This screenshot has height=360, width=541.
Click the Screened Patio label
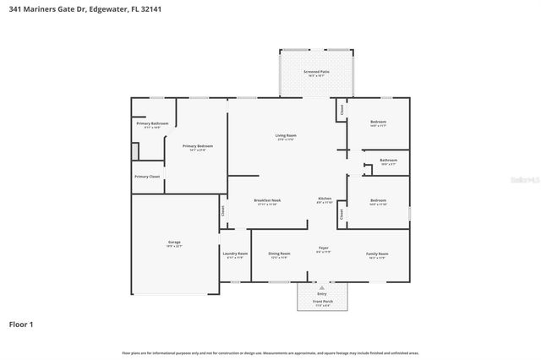pos(317,72)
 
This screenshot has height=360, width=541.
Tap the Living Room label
pos(285,136)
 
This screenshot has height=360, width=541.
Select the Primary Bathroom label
pos(152,124)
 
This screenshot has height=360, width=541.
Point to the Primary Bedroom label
pos(199,146)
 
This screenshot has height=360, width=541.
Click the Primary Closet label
pos(147,177)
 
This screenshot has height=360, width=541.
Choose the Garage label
pos(174,243)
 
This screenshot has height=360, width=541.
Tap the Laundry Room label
pos(235,254)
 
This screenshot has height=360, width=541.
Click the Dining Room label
pos(279,254)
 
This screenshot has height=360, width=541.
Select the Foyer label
pos(323,248)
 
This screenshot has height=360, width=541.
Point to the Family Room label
pos(377,254)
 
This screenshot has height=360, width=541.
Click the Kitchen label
pos(324,199)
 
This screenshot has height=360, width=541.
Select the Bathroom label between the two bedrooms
pos(388,160)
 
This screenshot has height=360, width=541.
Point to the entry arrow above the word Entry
pos(321,287)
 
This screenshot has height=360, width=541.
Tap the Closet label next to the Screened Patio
pos(342,109)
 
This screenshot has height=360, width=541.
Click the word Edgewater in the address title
pos(107,9)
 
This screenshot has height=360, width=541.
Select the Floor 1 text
pos(22,324)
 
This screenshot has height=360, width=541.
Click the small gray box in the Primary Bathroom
pos(134,151)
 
